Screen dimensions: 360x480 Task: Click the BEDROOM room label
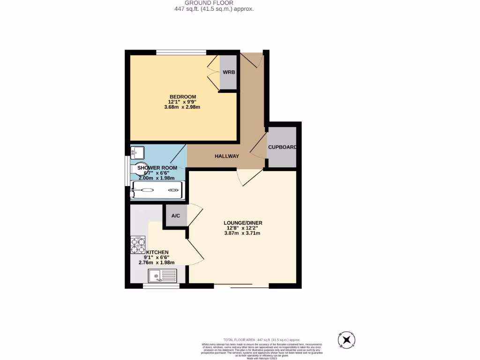[x=182, y=97]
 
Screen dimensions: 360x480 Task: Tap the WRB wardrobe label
[x=229, y=72]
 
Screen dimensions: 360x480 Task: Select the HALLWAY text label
[x=227, y=156]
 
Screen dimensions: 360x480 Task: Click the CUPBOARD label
[x=282, y=147]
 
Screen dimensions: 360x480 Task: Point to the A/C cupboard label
[x=176, y=216]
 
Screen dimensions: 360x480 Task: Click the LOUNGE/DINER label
[x=244, y=223]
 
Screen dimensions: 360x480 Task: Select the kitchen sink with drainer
[x=162, y=275]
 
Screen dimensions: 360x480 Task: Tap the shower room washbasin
[x=138, y=152]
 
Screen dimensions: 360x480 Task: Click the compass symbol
[x=347, y=339]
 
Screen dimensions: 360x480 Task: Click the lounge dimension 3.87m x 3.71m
[x=243, y=233]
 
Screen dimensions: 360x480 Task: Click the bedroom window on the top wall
[x=181, y=52]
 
